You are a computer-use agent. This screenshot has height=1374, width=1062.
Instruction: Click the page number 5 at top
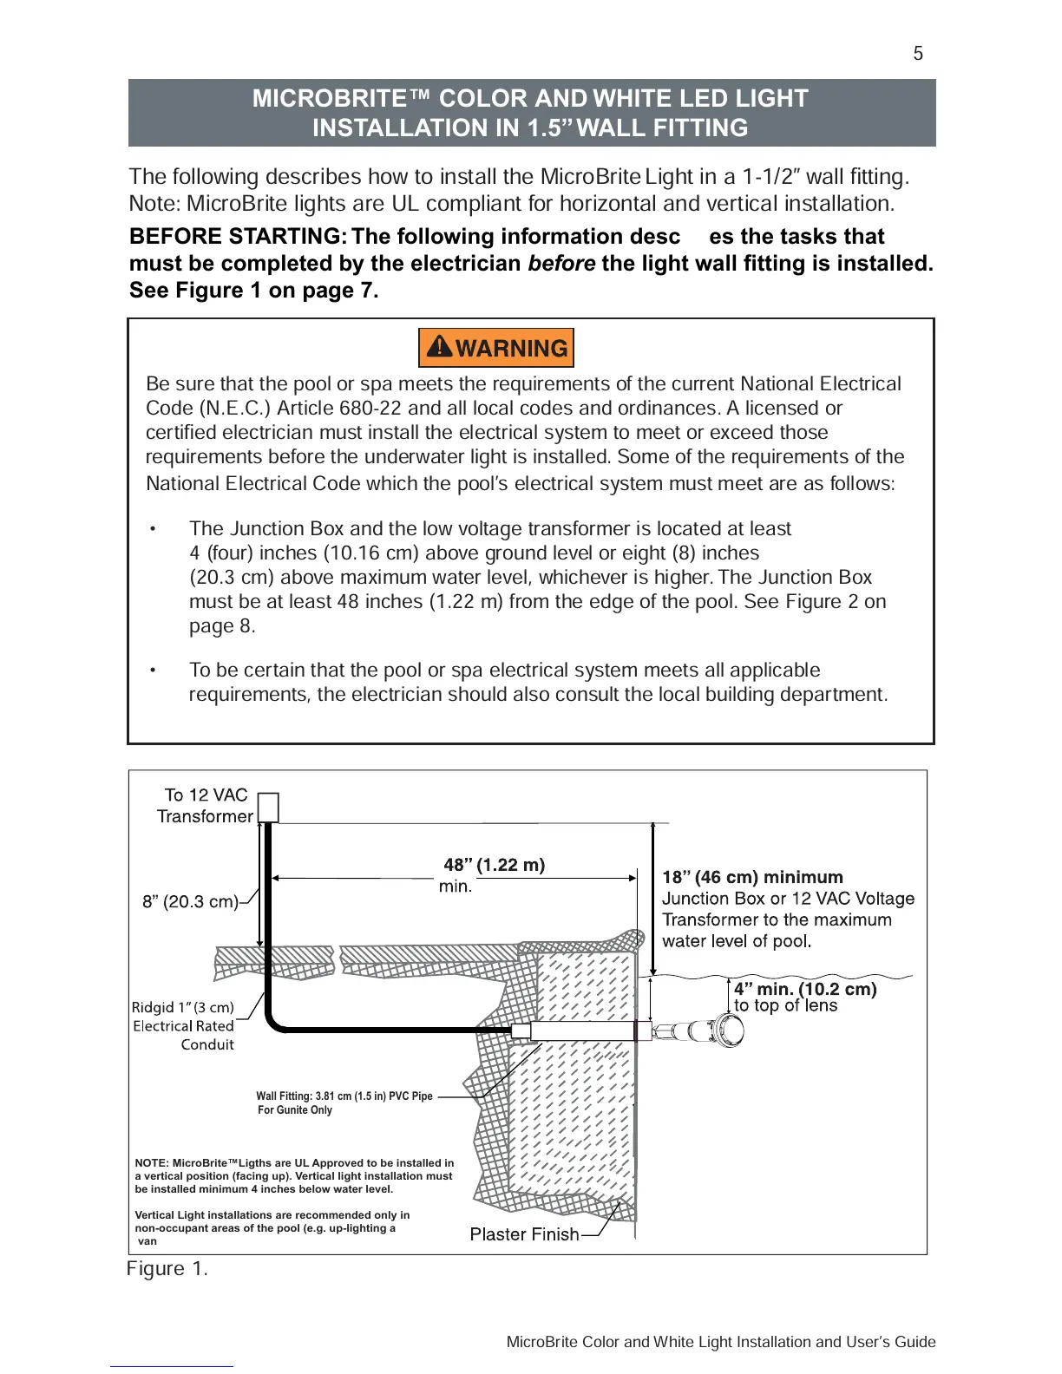click(918, 54)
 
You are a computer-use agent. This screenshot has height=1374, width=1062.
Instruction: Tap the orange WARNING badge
click(495, 348)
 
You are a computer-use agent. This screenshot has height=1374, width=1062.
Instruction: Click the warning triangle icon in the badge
click(440, 347)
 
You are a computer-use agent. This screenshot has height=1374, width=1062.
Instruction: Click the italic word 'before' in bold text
click(561, 264)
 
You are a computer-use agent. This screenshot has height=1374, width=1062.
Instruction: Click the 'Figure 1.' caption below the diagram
click(167, 1269)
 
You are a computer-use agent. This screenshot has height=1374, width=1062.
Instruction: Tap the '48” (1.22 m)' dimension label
click(494, 865)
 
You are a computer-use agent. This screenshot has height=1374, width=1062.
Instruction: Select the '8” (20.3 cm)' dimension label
click(190, 902)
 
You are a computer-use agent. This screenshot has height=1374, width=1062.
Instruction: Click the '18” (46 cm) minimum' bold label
click(752, 877)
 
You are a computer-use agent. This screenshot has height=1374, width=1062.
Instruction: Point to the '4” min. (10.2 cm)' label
click(805, 989)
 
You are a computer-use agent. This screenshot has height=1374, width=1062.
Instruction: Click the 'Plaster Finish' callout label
click(524, 1234)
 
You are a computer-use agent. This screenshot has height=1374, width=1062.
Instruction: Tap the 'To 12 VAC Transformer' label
click(205, 806)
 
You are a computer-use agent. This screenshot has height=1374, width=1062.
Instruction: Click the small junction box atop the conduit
click(269, 807)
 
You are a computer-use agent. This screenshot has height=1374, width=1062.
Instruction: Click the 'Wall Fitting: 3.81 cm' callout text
click(344, 1096)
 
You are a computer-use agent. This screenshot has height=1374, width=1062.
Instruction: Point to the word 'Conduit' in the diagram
click(207, 1045)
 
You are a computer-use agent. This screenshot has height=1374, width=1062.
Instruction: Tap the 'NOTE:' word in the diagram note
click(152, 1163)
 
